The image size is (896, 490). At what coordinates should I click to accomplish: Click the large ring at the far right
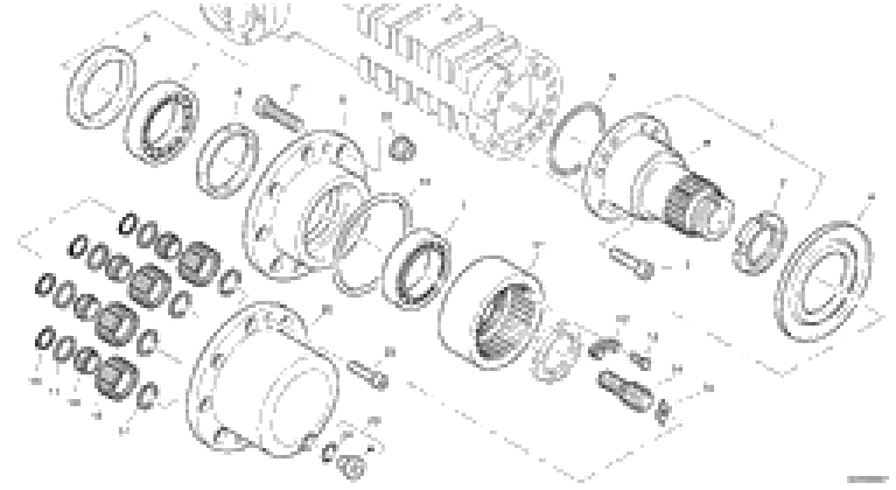click(x=823, y=281)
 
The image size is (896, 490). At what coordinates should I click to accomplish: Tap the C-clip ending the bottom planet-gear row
click(x=148, y=396)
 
